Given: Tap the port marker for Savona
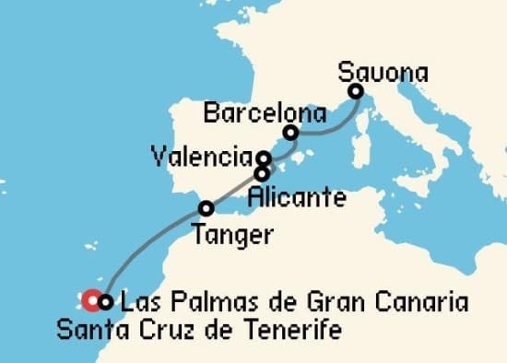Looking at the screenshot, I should click(355, 91).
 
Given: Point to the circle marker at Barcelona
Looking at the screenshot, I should click(291, 133).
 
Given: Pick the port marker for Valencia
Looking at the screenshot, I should click(264, 158).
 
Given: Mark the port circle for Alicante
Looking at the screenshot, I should click(262, 172).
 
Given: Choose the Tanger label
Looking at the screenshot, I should click(233, 236).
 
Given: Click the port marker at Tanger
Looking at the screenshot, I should click(206, 208).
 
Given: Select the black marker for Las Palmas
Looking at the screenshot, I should click(105, 300).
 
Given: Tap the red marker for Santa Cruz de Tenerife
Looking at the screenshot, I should click(91, 299).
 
